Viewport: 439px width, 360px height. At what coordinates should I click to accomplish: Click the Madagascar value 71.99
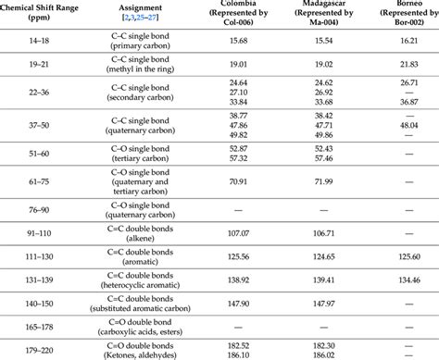click(323, 181)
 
